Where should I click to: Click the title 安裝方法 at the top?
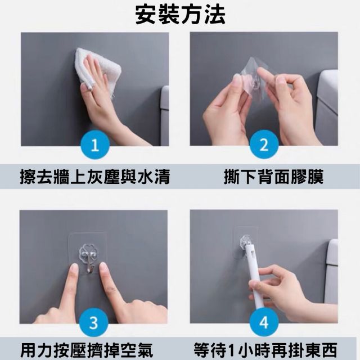(180, 15)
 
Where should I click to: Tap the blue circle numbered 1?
(95, 147)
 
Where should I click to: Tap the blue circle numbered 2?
(264, 147)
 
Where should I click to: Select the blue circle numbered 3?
(95, 324)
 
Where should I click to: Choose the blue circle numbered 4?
(264, 324)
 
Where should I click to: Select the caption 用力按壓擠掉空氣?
(94, 349)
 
